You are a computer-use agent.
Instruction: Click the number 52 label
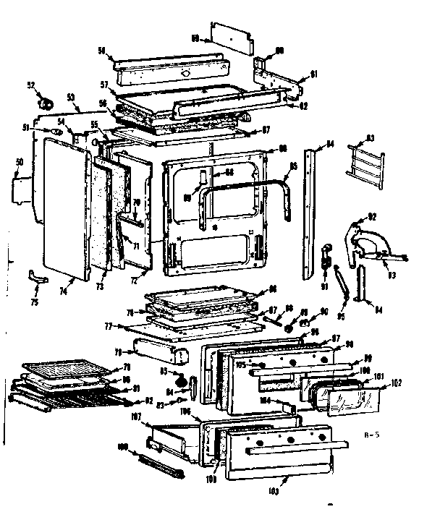pyautogui.click(x=31, y=85)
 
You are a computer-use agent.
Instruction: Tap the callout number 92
pyautogui.click(x=373, y=215)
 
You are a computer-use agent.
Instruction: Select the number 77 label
pyautogui.click(x=109, y=327)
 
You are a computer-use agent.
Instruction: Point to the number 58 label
pyautogui.click(x=101, y=49)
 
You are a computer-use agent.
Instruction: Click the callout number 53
pyautogui.click(x=70, y=96)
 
